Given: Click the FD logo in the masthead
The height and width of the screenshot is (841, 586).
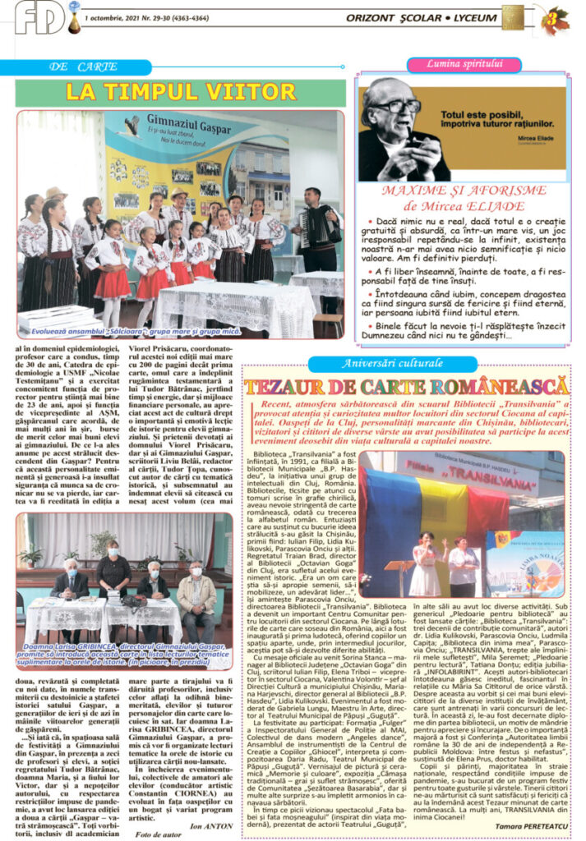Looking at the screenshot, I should pyautogui.click(x=39, y=18).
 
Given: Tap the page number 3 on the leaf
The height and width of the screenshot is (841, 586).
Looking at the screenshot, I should pyautogui.click(x=556, y=19).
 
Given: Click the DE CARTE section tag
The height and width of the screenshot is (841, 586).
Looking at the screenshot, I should pyautogui.click(x=83, y=67).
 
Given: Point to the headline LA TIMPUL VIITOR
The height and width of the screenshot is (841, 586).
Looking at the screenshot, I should pyautogui.click(x=168, y=91).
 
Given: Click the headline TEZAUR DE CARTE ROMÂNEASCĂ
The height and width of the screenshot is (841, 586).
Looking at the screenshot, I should pyautogui.click(x=407, y=386).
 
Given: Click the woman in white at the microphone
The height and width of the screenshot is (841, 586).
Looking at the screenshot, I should pyautogui.click(x=427, y=563).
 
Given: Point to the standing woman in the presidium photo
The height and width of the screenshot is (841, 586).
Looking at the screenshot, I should pyautogui.click(x=113, y=569).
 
